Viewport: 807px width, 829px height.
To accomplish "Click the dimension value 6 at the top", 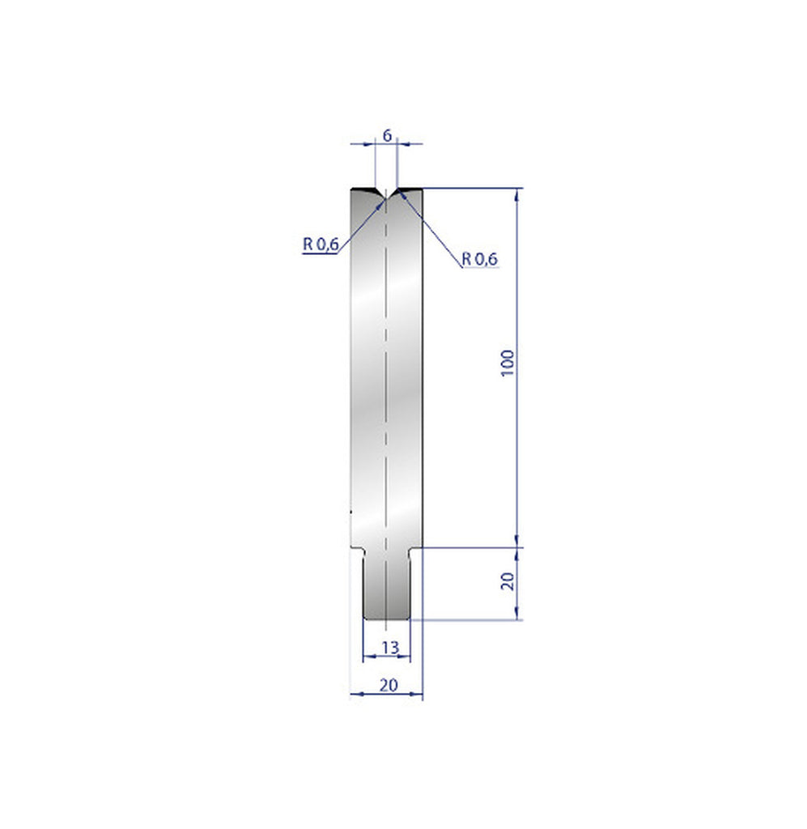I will tap(387, 135).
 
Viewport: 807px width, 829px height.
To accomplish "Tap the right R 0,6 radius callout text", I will tap(480, 259).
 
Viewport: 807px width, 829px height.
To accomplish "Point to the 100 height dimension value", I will tap(508, 363).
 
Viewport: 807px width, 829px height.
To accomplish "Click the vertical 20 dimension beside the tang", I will tap(508, 580).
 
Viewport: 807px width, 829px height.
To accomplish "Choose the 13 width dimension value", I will tap(389, 646).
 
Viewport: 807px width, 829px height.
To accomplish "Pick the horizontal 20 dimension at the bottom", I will tap(389, 685).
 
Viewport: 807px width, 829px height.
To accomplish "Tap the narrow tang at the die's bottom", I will tap(387, 587).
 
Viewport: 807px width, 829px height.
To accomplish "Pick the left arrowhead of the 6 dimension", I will tap(372, 143).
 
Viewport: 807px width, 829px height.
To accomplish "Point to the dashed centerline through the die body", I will tap(387, 364).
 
